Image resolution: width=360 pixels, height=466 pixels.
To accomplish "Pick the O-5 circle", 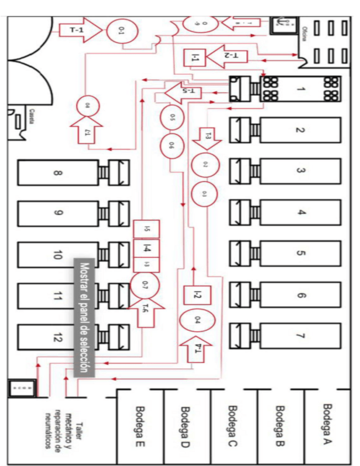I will point(172,118).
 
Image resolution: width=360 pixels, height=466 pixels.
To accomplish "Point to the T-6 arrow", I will point(145,311).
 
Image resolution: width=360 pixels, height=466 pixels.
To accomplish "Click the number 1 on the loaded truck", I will point(300,89).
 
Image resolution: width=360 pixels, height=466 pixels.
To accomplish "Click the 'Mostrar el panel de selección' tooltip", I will point(84,318).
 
